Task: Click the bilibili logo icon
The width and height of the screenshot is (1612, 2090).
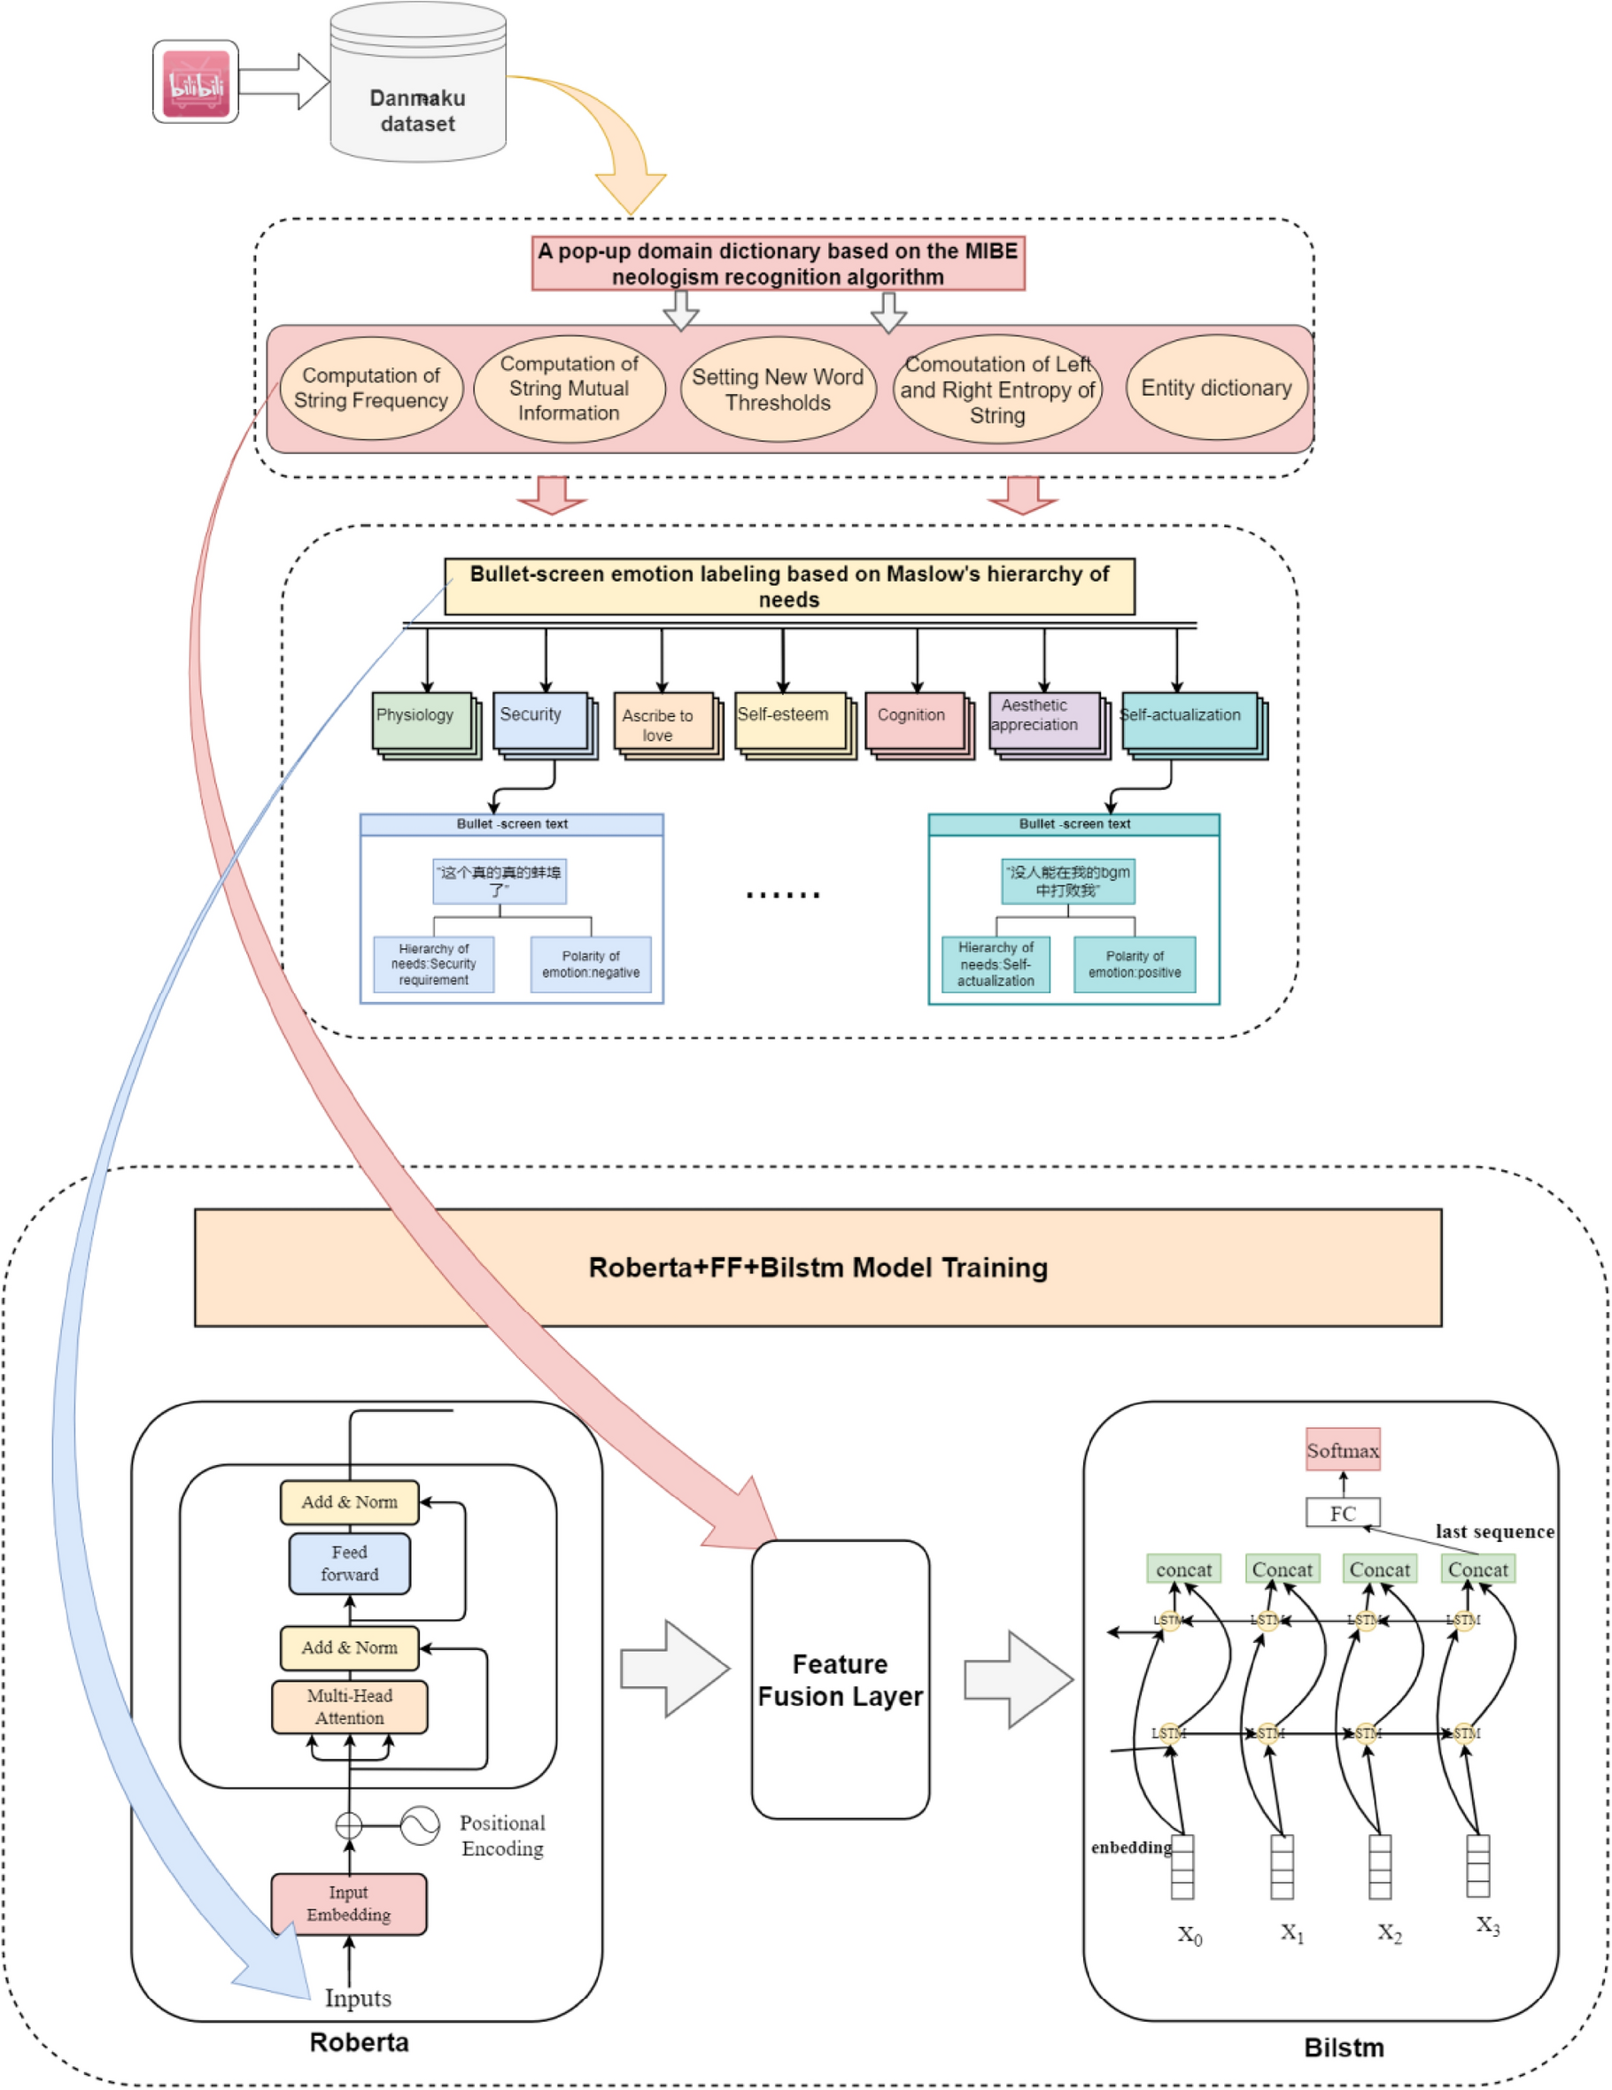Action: click(195, 82)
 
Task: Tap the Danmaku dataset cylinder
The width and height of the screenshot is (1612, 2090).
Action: click(417, 96)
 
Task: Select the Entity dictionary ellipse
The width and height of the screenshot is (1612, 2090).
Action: click(1216, 388)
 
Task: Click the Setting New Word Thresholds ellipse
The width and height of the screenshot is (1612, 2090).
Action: click(778, 389)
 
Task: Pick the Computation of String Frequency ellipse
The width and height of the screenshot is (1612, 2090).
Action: click(370, 389)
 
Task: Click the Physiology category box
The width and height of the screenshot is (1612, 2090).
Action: click(422, 721)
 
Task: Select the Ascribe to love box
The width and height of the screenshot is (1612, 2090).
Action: click(663, 724)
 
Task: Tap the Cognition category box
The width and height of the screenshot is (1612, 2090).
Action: click(914, 721)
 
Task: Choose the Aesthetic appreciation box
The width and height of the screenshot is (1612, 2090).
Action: click(1042, 721)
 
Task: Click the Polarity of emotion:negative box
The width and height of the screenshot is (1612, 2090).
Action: click(591, 964)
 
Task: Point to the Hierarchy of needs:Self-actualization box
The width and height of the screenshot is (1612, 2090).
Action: click(995, 964)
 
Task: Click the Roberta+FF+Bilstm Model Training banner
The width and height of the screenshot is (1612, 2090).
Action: click(818, 1267)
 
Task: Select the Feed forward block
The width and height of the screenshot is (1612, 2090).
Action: click(349, 1563)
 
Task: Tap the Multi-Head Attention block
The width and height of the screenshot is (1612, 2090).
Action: click(349, 1708)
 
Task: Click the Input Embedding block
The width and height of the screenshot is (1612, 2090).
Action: click(348, 1903)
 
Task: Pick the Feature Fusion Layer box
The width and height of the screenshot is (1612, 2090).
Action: click(840, 1679)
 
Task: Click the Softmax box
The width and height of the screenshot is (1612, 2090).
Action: click(1342, 1451)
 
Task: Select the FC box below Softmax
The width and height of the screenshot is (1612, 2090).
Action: click(1342, 1513)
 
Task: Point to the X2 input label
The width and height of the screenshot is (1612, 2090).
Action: click(1389, 1934)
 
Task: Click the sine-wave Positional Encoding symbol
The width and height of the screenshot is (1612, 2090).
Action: click(419, 1826)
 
